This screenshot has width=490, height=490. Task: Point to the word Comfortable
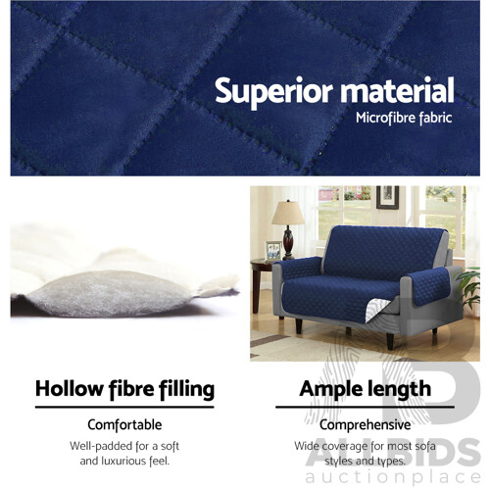point(123,425)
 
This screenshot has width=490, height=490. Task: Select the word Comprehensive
point(366,425)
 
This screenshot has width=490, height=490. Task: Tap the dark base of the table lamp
point(288,246)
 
